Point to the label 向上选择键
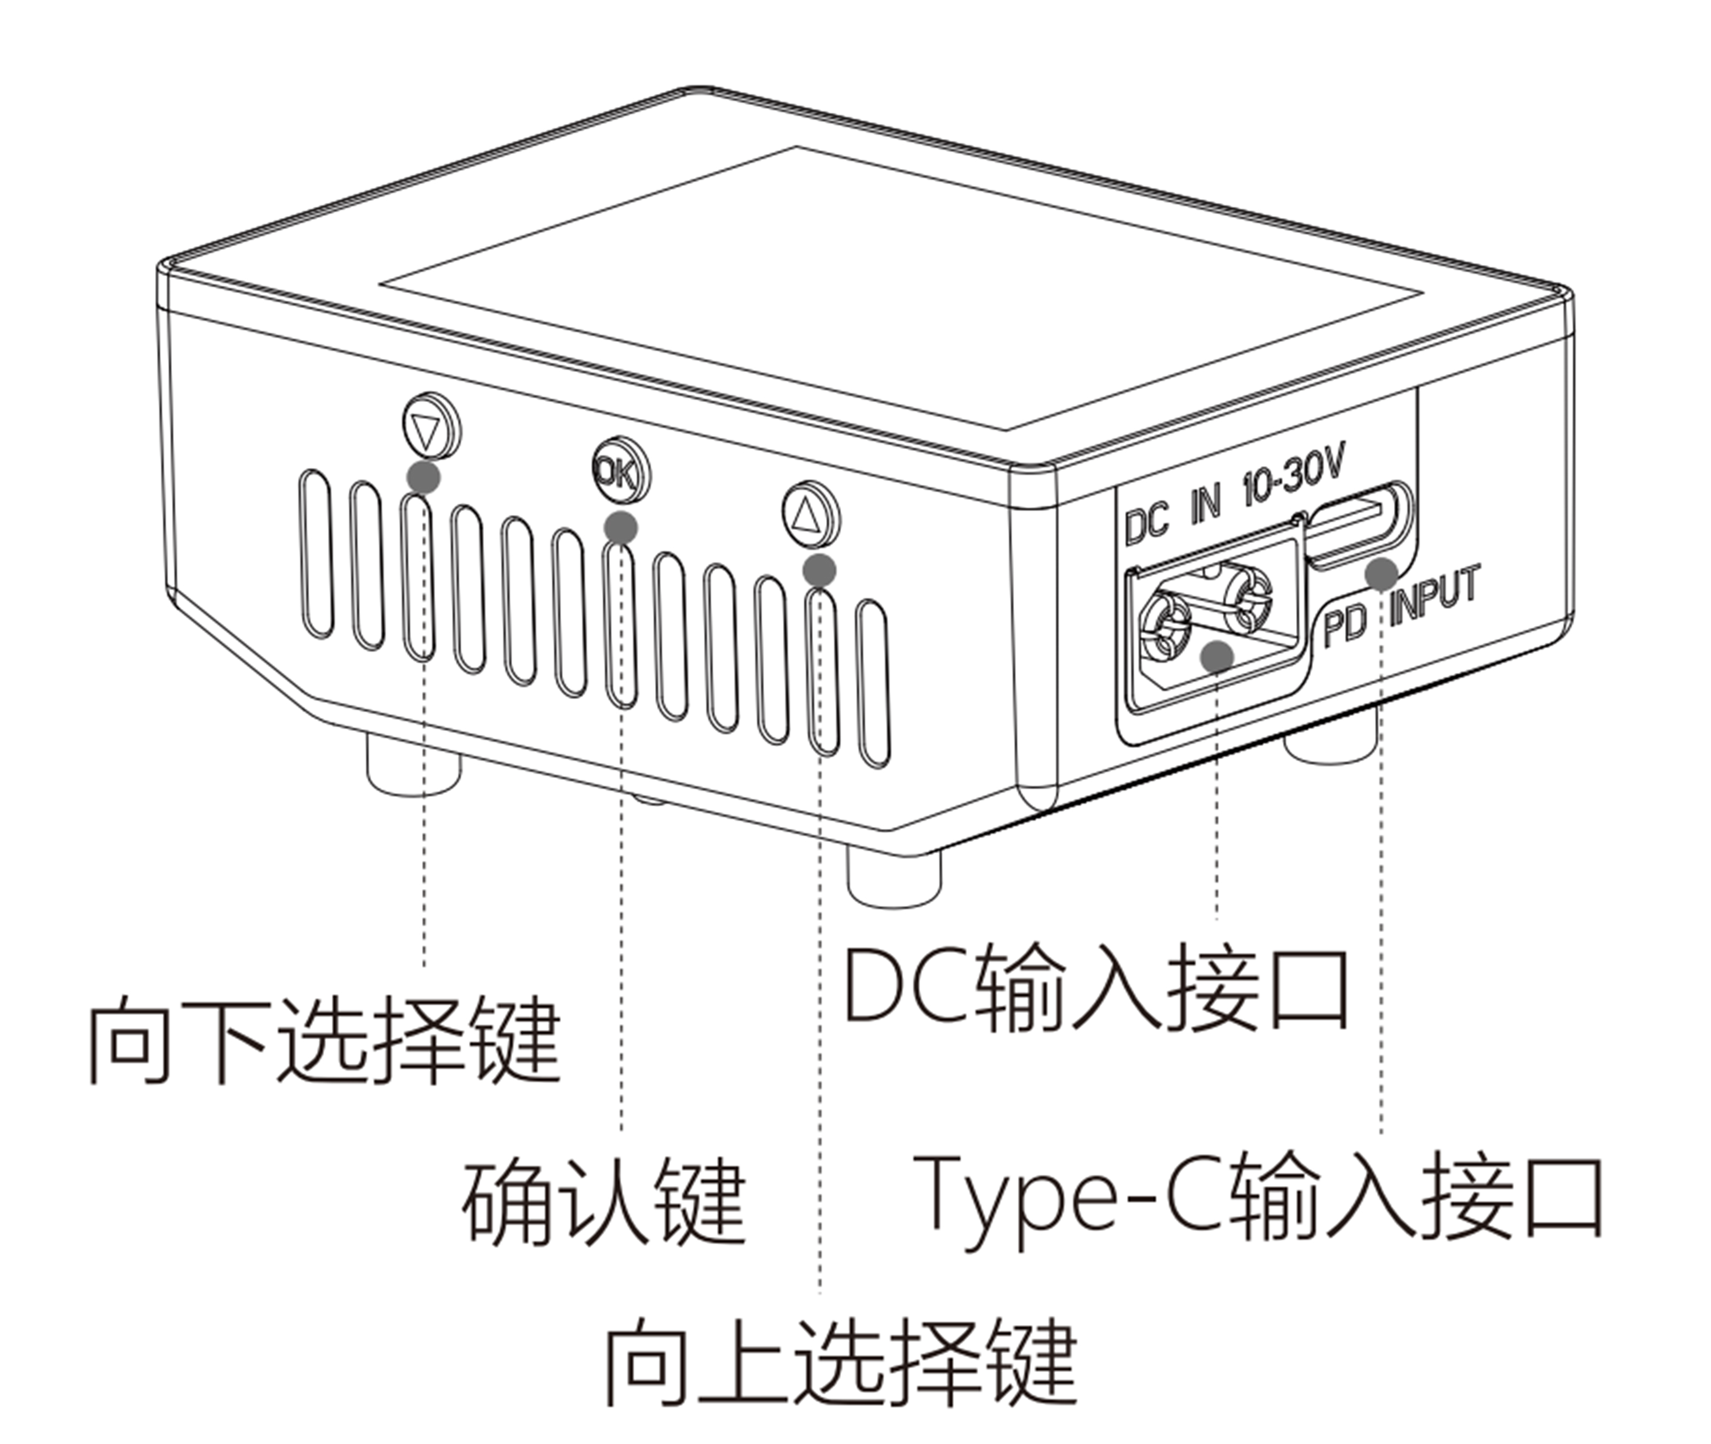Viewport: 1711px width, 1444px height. [x=841, y=1361]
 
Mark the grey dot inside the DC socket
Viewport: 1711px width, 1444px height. [x=1216, y=656]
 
